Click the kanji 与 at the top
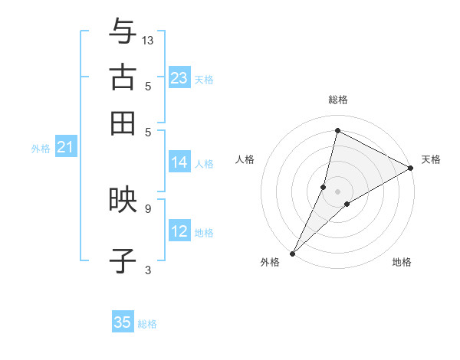coord(123,32)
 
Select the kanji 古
coord(123,77)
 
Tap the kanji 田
coord(123,123)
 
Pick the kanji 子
coord(123,260)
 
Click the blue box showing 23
coord(179,78)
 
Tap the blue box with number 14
coord(179,162)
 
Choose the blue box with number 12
coord(179,231)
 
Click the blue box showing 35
coord(123,322)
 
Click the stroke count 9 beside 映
coord(147,208)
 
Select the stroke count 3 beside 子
coord(147,269)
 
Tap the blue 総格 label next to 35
coord(147,324)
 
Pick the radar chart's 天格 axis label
coord(431,159)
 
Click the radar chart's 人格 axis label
coord(245,159)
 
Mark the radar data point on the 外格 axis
coord(293,253)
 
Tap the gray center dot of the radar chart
coord(337,191)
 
